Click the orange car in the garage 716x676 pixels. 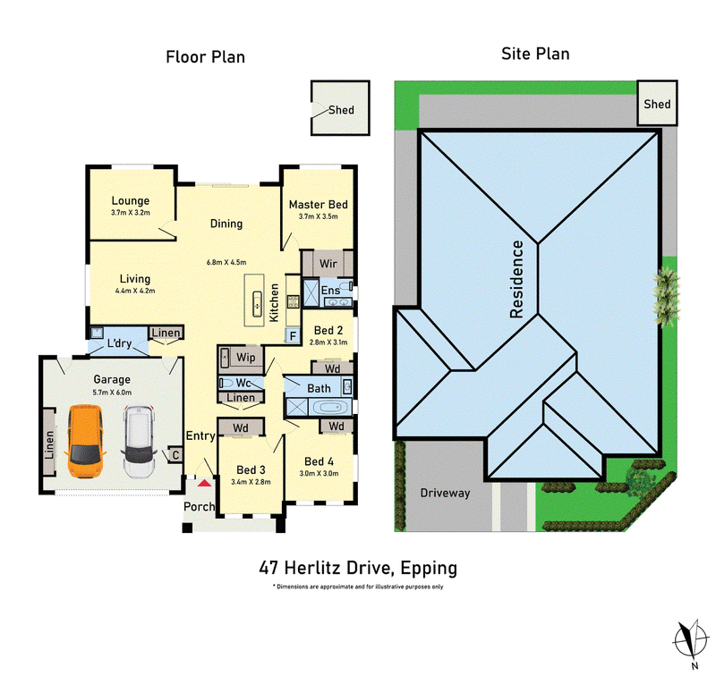(x=85, y=441)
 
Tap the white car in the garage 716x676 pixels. (x=139, y=442)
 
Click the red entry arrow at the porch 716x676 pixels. (x=204, y=482)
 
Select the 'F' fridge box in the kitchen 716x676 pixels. (x=293, y=336)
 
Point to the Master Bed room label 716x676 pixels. (x=319, y=205)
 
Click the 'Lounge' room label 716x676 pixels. (x=131, y=200)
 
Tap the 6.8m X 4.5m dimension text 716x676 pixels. (x=226, y=262)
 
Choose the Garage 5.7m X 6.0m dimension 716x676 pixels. (x=112, y=393)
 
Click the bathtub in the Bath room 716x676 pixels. (x=329, y=408)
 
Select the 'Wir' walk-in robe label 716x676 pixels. (x=328, y=264)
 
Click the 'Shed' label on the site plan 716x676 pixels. (x=657, y=104)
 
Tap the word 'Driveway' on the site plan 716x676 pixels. (x=445, y=493)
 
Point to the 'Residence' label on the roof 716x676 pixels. (x=516, y=279)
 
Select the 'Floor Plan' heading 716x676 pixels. (x=206, y=57)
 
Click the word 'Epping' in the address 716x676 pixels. (x=429, y=569)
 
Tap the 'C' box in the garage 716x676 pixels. (x=175, y=455)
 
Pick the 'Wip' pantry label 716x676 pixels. (x=245, y=357)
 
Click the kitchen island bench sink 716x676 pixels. (x=258, y=303)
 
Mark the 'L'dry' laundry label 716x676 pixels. (x=119, y=343)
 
